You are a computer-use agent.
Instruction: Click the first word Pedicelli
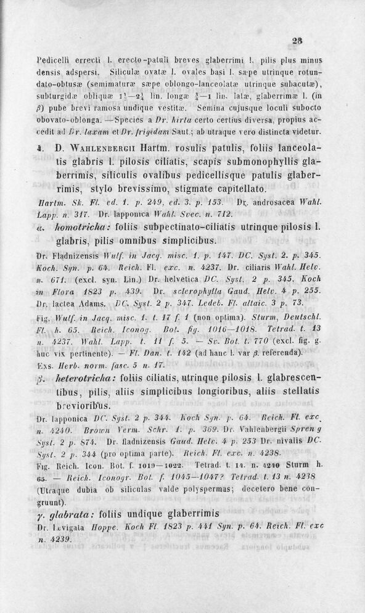coord(54,62)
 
